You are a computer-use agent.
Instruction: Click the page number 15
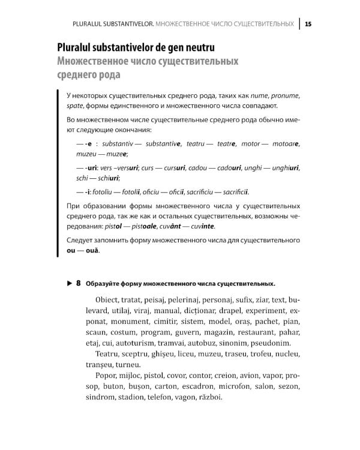tap(308, 24)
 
